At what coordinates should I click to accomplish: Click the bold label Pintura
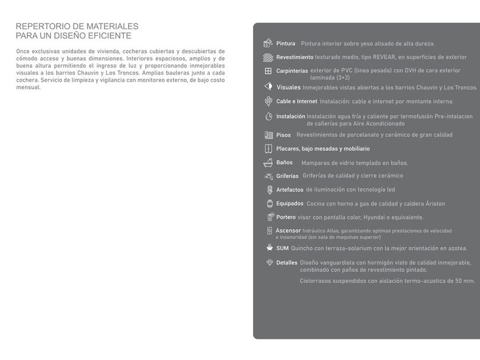tap(286, 43)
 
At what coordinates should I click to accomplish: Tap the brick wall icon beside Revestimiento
tap(268, 57)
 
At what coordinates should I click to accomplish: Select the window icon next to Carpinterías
tap(268, 71)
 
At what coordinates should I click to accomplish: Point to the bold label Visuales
tap(289, 87)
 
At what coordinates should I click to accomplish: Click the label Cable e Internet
tap(297, 101)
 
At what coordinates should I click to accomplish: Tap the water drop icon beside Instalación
tap(269, 116)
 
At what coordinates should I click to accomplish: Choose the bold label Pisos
tap(283, 135)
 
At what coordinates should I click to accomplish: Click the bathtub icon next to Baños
tap(268, 163)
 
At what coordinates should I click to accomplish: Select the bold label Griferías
tap(287, 176)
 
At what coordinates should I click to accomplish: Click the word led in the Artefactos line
tap(391, 190)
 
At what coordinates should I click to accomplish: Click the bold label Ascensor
tap(288, 230)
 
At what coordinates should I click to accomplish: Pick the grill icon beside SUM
tap(269, 248)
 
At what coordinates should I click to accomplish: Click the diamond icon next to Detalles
tap(270, 262)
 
